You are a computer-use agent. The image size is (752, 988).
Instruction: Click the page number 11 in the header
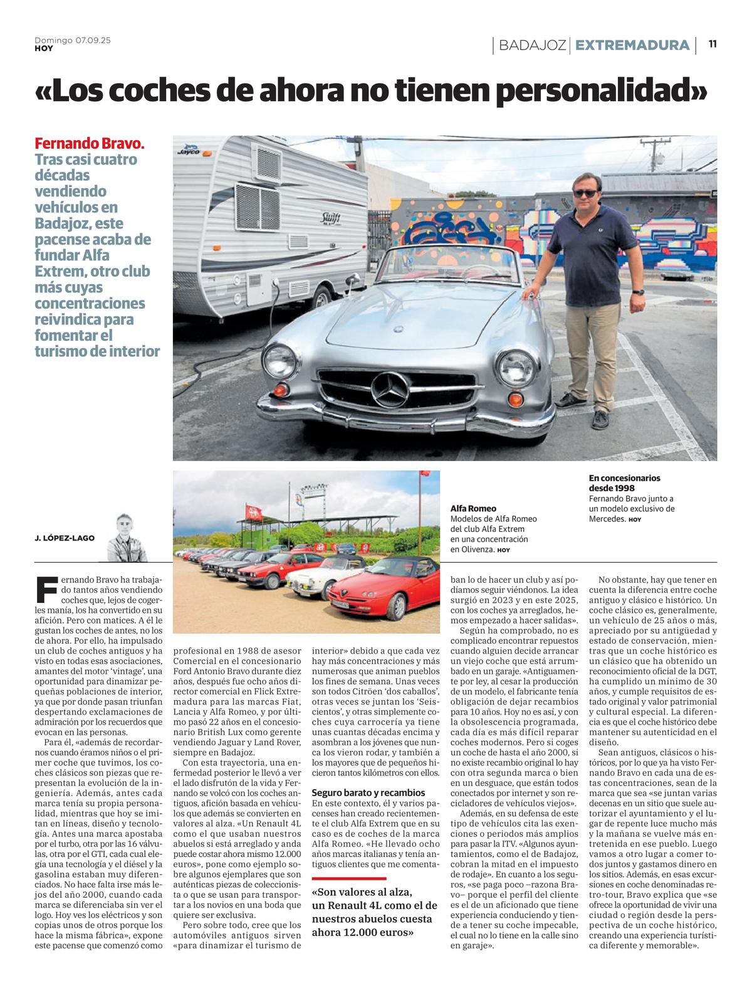(x=713, y=44)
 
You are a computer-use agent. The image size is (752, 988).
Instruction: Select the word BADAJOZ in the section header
(x=533, y=45)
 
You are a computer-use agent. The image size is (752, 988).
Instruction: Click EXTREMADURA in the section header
(x=632, y=45)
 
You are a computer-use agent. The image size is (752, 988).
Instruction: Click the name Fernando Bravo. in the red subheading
(x=90, y=143)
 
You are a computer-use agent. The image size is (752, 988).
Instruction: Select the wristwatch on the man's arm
(x=637, y=291)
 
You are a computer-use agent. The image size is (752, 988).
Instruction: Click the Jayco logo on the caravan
(x=188, y=151)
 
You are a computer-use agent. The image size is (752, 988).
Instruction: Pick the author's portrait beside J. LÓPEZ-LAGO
(x=127, y=538)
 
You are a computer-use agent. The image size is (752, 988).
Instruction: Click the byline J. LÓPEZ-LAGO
(x=65, y=538)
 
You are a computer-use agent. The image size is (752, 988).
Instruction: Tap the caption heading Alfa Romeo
(x=473, y=509)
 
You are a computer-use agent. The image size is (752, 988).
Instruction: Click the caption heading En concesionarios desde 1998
(x=624, y=482)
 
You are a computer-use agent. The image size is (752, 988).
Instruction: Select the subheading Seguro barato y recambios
(x=368, y=793)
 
